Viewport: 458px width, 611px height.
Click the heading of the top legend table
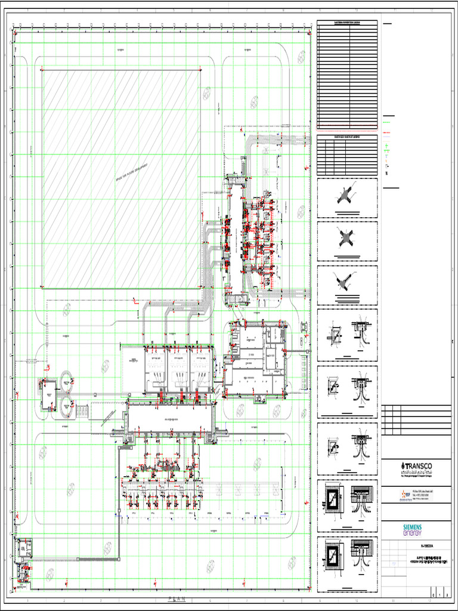pos(347,23)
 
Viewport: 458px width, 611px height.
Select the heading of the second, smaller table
pos(347,137)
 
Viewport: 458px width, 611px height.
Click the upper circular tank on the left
pos(66,378)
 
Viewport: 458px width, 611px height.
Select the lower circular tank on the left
pos(66,408)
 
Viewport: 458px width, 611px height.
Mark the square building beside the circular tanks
pos(48,394)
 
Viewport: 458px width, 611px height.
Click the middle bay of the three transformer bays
pos(178,370)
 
